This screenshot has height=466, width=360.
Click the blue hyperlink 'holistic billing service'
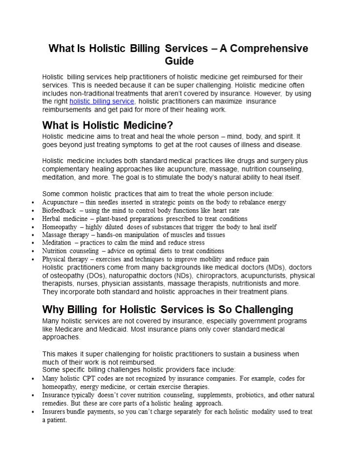tap(102, 101)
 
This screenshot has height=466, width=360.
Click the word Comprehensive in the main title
tap(270, 49)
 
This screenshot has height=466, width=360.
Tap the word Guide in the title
tap(179, 61)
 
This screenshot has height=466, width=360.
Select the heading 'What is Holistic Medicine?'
tap(107, 126)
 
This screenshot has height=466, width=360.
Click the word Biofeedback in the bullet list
tap(59, 211)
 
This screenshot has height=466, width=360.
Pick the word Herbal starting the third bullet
tap(51, 219)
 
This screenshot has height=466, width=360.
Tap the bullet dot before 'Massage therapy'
tap(33, 235)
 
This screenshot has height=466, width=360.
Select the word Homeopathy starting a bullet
tap(59, 227)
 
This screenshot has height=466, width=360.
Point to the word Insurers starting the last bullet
tap(55, 412)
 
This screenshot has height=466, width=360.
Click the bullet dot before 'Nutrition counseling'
tap(33, 251)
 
